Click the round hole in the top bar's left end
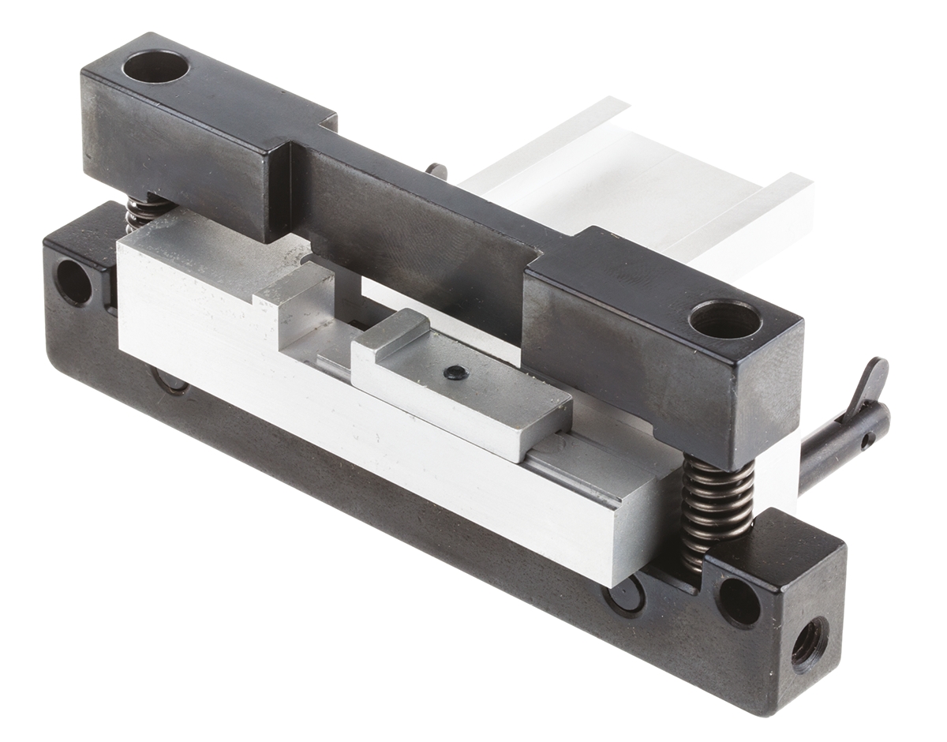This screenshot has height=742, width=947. (x=155, y=67)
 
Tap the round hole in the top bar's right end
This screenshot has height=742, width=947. (x=724, y=319)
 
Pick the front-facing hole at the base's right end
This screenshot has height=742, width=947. (x=739, y=601)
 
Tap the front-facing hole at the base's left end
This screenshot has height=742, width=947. (x=73, y=282)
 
